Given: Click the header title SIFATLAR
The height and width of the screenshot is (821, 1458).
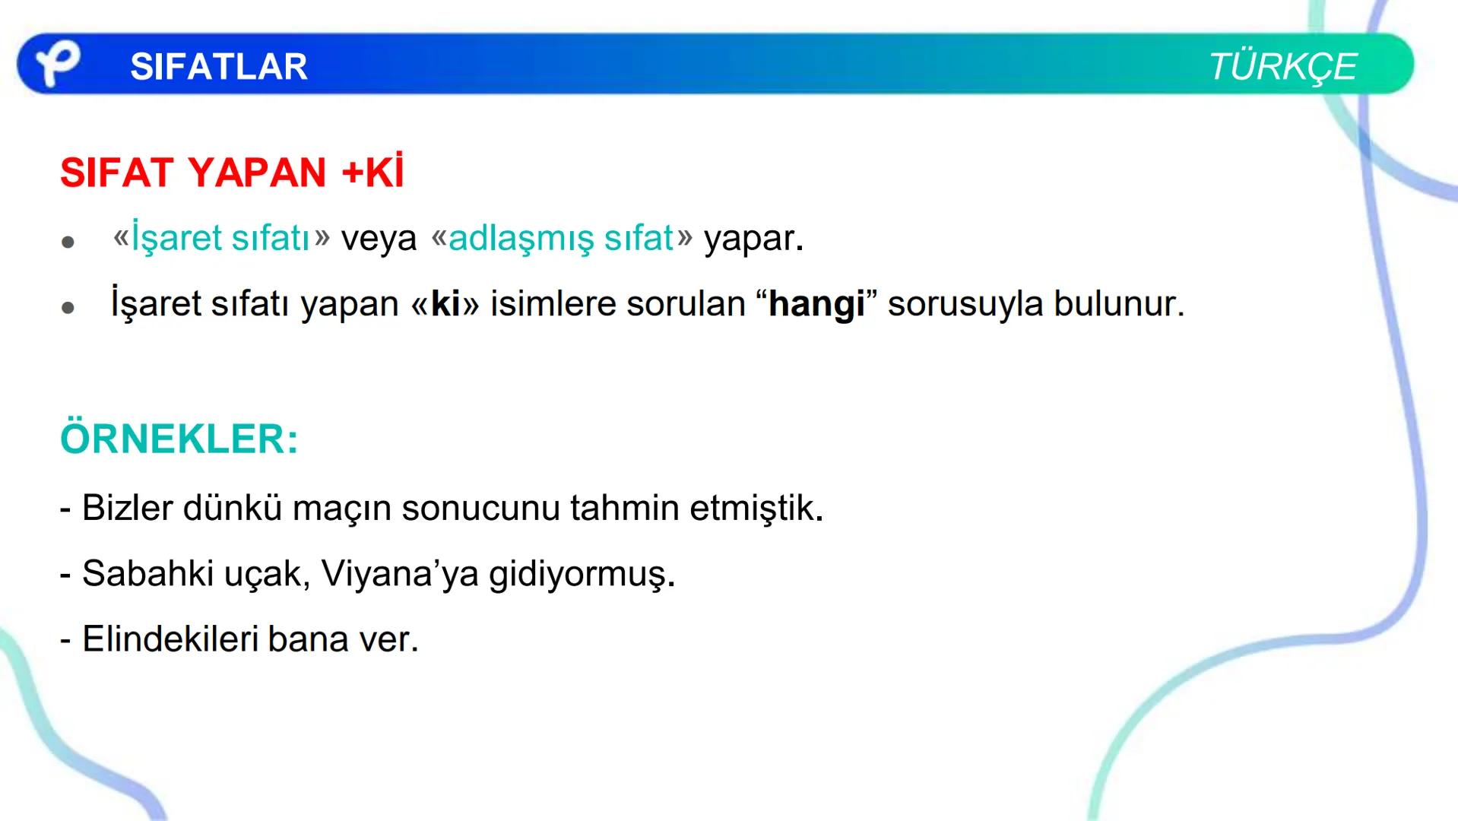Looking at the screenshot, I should click(219, 67).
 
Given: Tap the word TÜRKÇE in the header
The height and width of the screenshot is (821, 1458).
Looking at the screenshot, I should click(1282, 67).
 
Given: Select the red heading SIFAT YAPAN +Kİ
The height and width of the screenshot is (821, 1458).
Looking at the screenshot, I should click(232, 173).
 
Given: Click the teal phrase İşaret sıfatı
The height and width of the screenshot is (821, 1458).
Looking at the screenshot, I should click(220, 238).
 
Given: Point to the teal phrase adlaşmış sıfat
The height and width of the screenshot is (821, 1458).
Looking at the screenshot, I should click(561, 238).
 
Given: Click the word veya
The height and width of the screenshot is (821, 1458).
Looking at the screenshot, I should click(379, 239).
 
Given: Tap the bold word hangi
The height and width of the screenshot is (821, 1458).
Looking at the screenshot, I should click(816, 305).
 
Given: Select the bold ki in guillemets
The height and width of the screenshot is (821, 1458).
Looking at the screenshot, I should click(445, 304).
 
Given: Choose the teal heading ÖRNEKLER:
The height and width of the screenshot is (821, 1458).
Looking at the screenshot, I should click(179, 439).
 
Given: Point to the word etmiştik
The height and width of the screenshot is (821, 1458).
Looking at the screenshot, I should click(755, 508).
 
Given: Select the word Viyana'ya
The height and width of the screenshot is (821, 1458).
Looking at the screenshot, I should click(400, 574).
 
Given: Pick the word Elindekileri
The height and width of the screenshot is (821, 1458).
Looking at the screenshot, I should click(170, 639).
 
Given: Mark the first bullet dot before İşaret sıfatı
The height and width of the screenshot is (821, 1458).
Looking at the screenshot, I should click(68, 242).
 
